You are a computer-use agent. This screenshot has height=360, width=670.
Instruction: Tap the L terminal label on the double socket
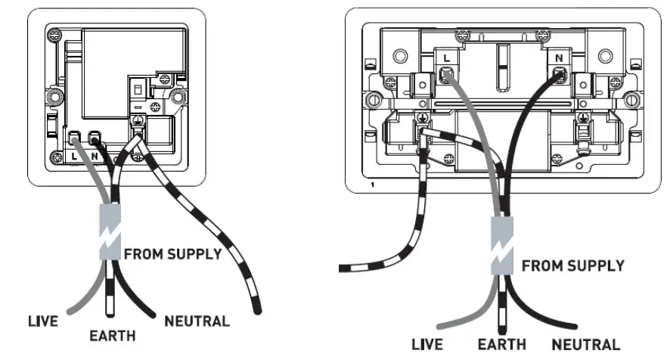(x=447, y=57)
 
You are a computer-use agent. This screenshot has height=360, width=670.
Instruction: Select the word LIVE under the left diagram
(x=43, y=321)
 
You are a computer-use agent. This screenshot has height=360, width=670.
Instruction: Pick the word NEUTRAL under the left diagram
(x=197, y=321)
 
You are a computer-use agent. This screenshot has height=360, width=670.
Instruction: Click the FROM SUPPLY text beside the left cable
(x=172, y=253)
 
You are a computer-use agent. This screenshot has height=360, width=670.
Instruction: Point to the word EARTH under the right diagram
(x=501, y=345)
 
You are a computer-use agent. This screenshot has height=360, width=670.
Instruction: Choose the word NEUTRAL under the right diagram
(x=586, y=345)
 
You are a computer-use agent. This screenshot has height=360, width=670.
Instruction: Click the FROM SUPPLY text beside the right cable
(x=573, y=266)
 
